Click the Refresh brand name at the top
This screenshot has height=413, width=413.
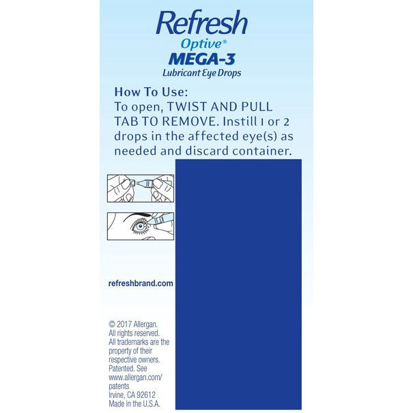pyautogui.click(x=201, y=24)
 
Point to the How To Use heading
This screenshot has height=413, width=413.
pyautogui.click(x=147, y=92)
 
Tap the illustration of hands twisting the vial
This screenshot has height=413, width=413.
pyautogui.click(x=140, y=188)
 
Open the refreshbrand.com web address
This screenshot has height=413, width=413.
pyautogui.click(x=141, y=283)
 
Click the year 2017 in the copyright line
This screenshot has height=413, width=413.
pyautogui.click(x=127, y=324)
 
